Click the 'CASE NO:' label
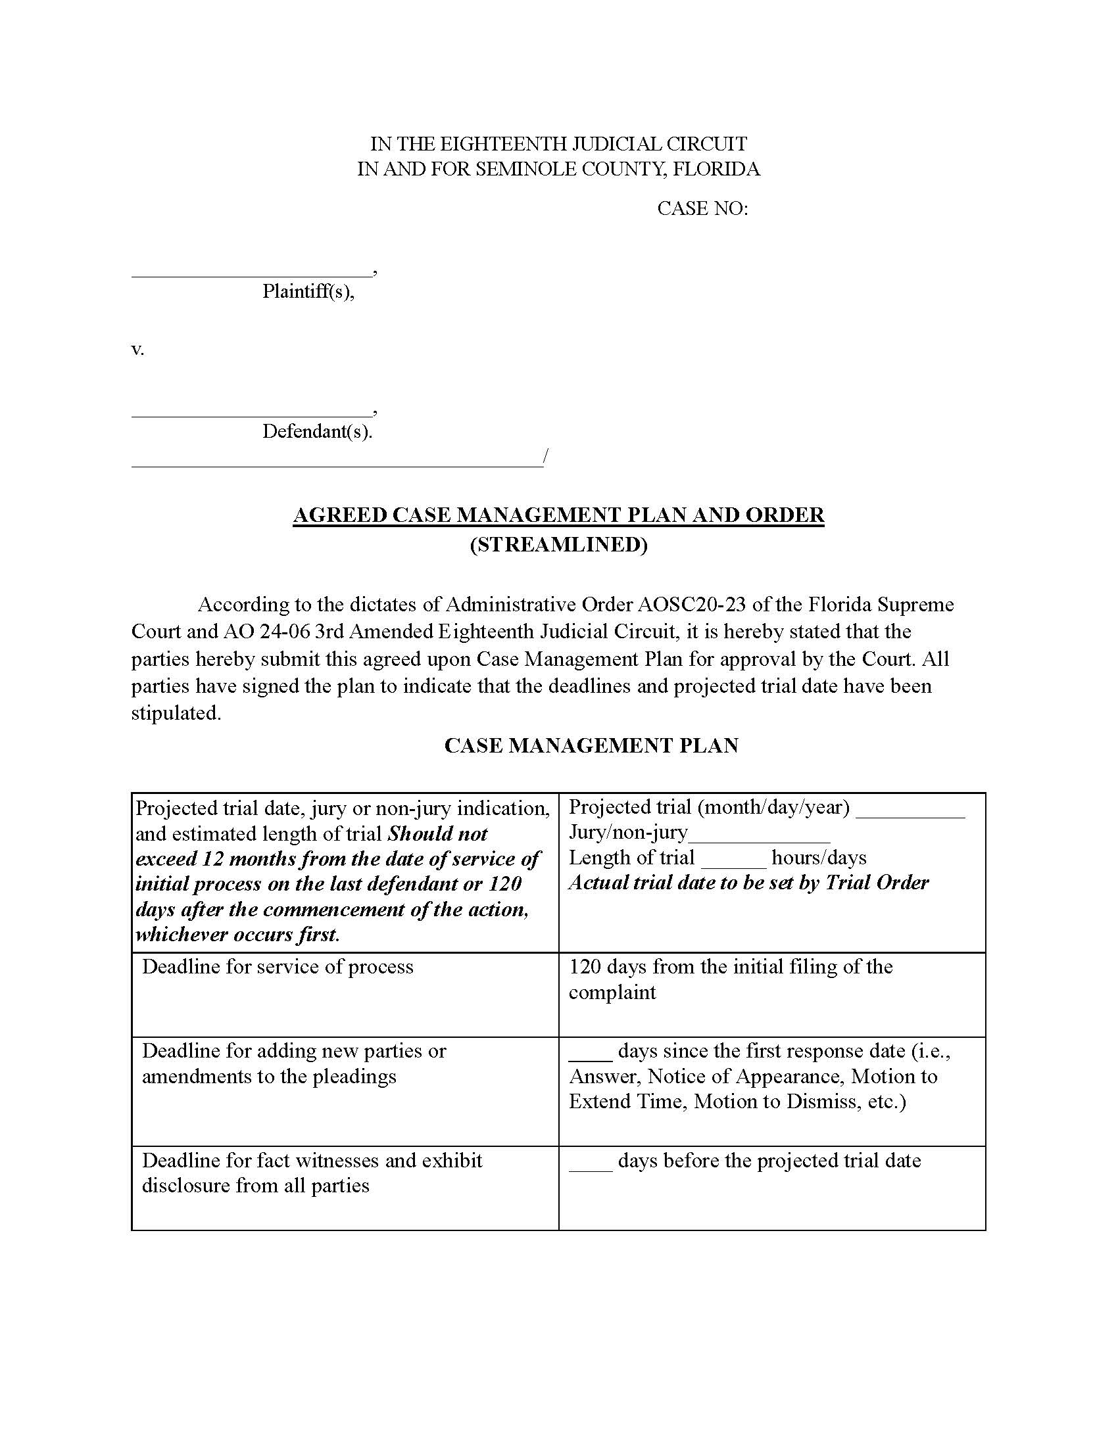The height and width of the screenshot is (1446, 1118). tap(702, 208)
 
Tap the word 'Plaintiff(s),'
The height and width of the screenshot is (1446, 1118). tap(308, 291)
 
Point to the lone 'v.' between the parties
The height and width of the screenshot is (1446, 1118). tap(137, 350)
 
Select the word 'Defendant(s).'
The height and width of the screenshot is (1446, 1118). tap(317, 432)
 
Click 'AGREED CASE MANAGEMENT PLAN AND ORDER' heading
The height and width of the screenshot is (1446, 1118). tap(558, 515)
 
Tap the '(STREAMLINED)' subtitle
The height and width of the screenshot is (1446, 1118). tap(558, 544)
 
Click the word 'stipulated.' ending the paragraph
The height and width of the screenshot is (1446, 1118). tap(176, 713)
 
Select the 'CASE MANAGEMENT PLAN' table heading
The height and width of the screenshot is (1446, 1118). tap(591, 745)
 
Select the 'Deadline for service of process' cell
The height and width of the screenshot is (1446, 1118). tap(278, 968)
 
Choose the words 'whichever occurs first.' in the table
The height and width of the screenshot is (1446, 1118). tap(238, 934)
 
